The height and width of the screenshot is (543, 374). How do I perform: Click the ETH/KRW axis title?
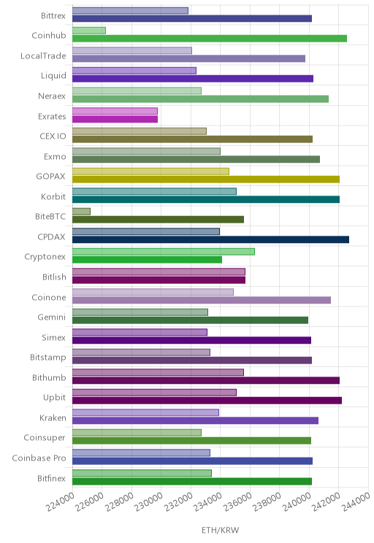point(220,530)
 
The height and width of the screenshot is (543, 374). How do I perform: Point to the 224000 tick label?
point(61,502)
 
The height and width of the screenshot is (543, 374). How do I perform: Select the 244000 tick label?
point(356,502)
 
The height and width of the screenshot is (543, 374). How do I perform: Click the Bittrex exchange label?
point(53,15)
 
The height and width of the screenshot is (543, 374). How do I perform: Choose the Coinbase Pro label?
point(39,458)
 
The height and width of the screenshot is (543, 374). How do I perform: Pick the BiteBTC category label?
point(50,217)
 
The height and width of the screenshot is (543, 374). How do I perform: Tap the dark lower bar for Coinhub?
point(210,39)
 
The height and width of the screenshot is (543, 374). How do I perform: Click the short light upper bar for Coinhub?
point(89,31)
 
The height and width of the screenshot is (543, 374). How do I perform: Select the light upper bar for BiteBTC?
point(82,211)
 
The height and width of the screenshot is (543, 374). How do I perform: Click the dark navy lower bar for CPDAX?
point(211,239)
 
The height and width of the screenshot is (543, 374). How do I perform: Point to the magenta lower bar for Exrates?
point(115,119)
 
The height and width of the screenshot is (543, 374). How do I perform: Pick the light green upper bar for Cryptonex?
point(164,251)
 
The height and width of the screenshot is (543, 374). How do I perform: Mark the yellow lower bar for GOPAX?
point(206,179)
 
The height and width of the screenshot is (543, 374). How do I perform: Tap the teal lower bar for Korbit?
point(206,199)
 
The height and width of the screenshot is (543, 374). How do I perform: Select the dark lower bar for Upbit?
point(207,401)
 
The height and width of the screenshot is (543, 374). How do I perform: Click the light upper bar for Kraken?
point(145,412)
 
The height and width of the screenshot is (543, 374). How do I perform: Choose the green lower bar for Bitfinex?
point(192,481)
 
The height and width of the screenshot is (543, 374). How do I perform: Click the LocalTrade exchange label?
point(43,55)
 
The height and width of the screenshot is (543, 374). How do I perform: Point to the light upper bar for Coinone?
point(153,292)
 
